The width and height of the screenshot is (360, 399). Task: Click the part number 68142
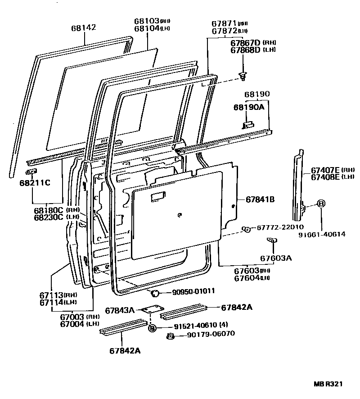click(83, 27)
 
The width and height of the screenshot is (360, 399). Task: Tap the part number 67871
click(224, 23)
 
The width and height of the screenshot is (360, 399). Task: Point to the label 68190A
click(247, 108)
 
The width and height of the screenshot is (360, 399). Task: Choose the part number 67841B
click(260, 199)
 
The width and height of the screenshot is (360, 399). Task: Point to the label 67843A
click(120, 310)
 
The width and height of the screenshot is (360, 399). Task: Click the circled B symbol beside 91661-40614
click(321, 204)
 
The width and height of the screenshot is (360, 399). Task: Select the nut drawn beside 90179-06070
click(171, 336)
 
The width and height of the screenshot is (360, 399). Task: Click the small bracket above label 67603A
click(272, 240)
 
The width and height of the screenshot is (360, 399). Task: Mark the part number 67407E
click(325, 170)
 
